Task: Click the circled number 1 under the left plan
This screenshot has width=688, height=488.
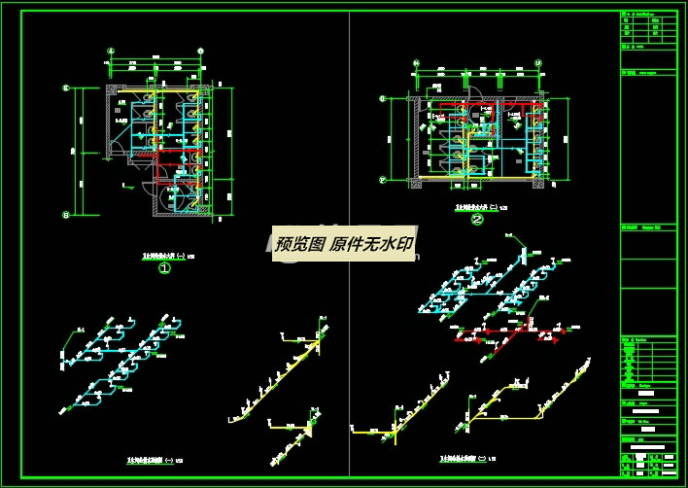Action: [165, 268]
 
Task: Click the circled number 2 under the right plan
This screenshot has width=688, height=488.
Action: [477, 220]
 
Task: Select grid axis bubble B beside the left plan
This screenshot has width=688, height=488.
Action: [66, 214]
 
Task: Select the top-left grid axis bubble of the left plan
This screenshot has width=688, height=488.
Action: [112, 52]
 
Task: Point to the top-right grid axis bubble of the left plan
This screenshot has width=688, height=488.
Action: [199, 52]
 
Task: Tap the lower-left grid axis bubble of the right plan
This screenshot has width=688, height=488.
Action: [383, 180]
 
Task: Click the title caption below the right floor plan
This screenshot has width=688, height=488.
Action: [474, 208]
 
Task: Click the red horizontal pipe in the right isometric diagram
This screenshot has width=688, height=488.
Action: [505, 335]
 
